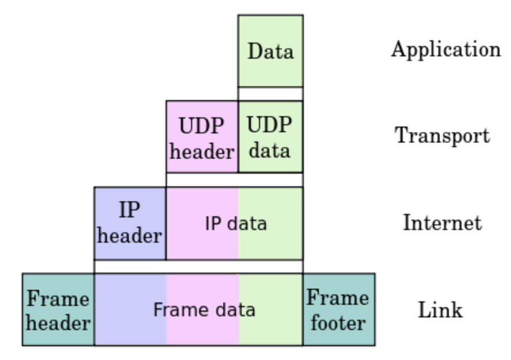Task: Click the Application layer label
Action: click(446, 50)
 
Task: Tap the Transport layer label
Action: click(442, 136)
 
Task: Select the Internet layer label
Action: click(442, 223)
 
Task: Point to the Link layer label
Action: click(440, 310)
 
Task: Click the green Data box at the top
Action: click(270, 51)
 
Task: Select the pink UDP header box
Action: click(202, 137)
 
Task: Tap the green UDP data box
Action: click(270, 137)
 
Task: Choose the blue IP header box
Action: click(130, 223)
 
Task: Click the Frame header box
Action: click(58, 309)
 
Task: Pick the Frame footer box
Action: click(338, 309)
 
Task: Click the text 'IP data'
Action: click(236, 223)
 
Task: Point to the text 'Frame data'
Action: click(204, 310)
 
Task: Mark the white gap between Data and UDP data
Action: click(270, 94)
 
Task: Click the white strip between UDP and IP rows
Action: click(234, 179)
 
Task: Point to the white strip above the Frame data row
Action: click(199, 266)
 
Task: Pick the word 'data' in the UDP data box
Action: click(270, 150)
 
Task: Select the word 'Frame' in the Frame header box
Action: click(58, 298)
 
